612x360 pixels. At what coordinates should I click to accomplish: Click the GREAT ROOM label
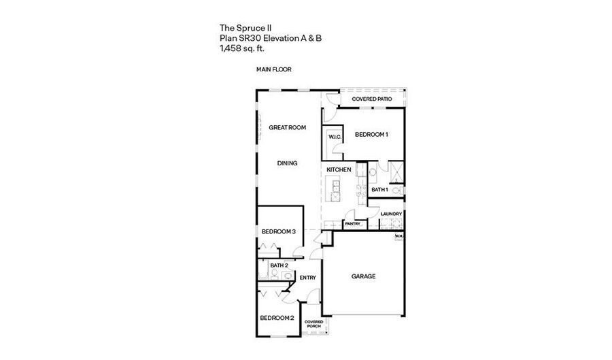287,127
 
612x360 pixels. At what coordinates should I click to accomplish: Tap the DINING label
287,163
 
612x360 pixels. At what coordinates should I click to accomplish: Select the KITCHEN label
339,170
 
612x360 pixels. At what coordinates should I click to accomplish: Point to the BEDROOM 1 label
371,134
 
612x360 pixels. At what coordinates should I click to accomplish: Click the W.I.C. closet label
335,137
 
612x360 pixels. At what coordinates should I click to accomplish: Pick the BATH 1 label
379,190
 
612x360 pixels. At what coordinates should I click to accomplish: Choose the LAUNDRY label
391,214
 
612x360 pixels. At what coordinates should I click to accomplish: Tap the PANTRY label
353,224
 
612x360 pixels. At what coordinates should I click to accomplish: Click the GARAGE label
363,276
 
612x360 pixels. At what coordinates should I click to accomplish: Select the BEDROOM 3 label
279,231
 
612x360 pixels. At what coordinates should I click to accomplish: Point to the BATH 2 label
279,265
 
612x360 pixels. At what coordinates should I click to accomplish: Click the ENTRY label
307,278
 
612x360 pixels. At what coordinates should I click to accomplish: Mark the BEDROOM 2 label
277,318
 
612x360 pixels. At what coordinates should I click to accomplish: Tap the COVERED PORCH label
313,324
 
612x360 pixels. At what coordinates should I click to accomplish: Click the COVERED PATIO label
372,99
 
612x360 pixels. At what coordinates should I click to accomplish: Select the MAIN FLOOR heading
273,69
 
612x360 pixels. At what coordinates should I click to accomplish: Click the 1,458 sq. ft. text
242,49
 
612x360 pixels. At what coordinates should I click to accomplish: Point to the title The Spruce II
245,28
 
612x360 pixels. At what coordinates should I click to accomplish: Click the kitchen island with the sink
334,189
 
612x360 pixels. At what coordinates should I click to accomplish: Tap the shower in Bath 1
396,172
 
